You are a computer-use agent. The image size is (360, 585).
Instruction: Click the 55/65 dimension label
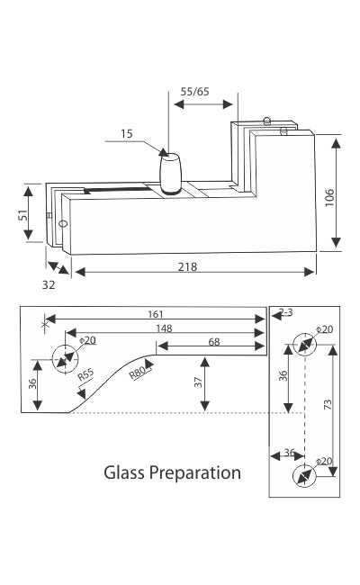coord(195,91)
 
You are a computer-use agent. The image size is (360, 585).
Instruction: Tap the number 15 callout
coord(126,134)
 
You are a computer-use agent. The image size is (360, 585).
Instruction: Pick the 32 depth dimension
coord(49,285)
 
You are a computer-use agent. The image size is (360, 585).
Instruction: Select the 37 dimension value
coord(198,383)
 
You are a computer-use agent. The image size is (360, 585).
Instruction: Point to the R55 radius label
coord(86,375)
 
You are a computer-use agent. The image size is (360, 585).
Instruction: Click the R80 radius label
coord(139,369)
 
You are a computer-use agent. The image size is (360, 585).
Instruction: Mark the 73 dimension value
coord(329,404)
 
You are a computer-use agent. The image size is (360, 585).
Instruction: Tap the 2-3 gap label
coord(286,311)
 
